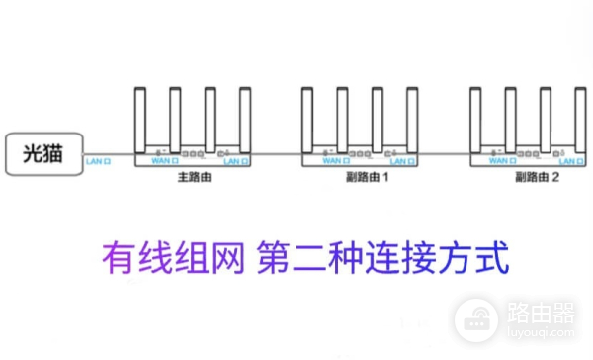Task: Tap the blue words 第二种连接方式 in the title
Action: click(381, 260)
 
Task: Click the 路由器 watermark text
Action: click(540, 317)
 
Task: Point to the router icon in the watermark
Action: click(476, 317)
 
